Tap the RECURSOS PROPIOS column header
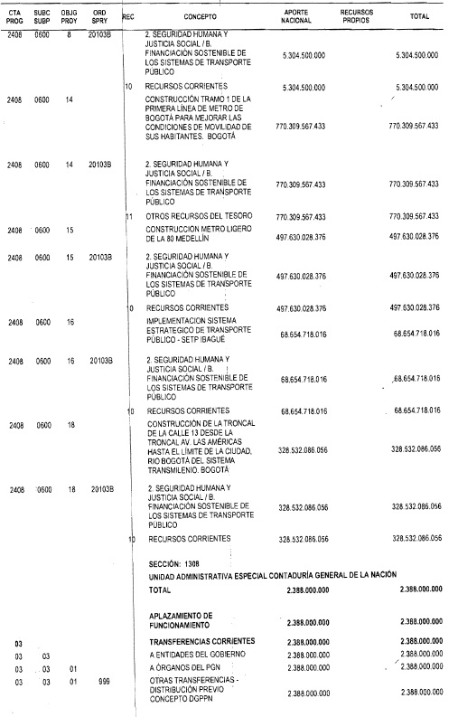pyautogui.click(x=356, y=16)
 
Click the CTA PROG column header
pyautogui.click(x=14, y=16)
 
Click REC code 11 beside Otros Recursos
pyautogui.click(x=128, y=216)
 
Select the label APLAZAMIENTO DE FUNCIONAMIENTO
pyautogui.click(x=181, y=619)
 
